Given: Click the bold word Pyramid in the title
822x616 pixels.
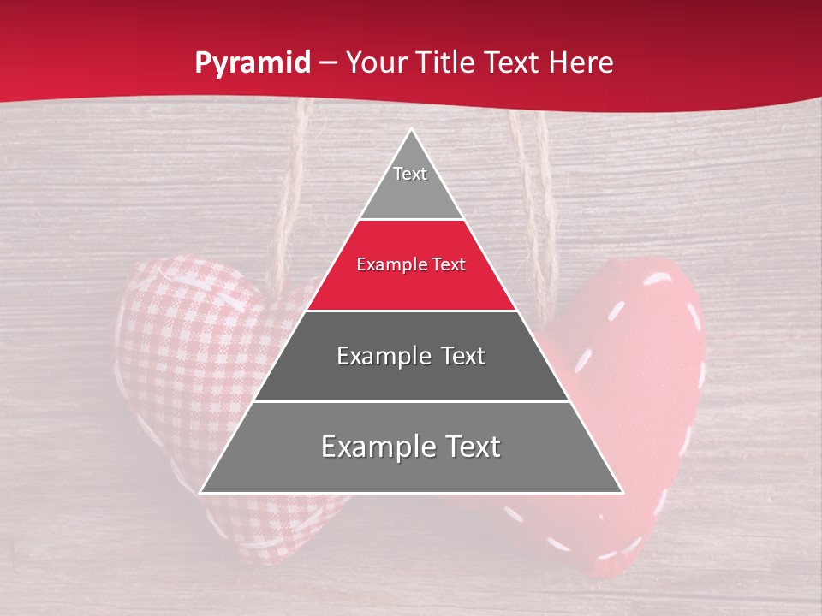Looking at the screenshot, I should point(253,62).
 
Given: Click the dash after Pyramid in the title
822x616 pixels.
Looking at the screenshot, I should point(329,63).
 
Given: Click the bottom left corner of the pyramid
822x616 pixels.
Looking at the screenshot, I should point(202,492).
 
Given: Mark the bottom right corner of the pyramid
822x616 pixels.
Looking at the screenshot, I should point(622,492).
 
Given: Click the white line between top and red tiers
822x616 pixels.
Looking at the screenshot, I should point(411,220).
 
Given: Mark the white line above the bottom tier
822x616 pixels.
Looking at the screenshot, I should point(411,401).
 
